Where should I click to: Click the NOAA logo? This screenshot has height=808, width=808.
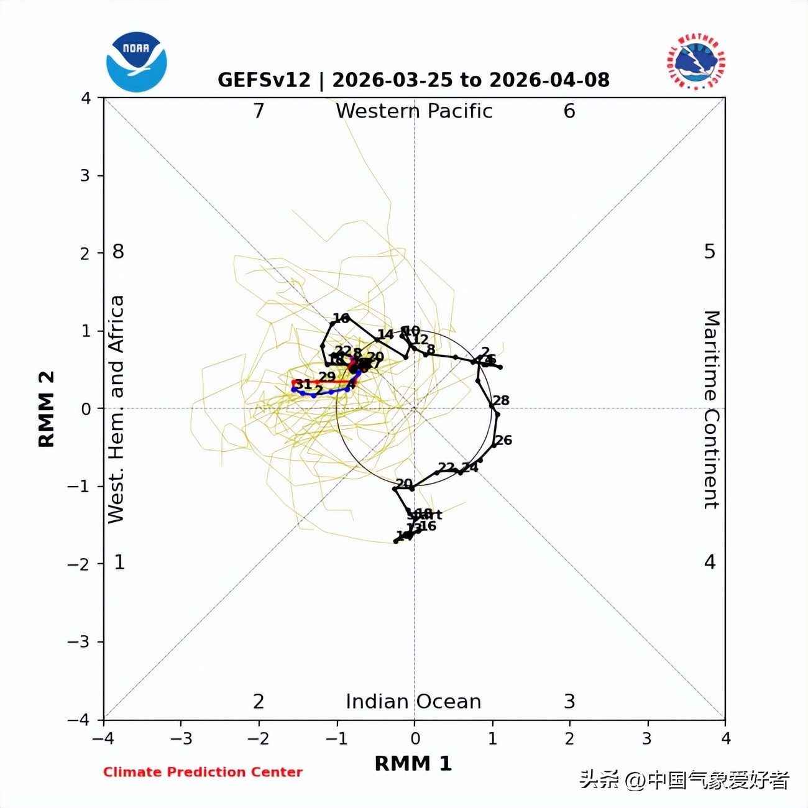136,62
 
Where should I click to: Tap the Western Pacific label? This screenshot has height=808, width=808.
414,111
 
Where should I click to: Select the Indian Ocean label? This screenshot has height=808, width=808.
413,702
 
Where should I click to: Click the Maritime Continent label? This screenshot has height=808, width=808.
711,410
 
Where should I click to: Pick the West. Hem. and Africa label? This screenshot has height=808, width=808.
116,409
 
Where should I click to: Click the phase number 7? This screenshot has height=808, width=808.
259,111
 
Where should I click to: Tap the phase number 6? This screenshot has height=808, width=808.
569,111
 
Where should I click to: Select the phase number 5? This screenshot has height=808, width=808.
710,252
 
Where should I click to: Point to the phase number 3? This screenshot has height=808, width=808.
569,702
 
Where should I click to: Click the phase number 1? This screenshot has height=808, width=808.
119,562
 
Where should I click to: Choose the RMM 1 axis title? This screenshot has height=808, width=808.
413,763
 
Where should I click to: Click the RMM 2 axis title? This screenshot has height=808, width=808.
47,409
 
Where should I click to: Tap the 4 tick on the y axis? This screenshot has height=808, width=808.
86,98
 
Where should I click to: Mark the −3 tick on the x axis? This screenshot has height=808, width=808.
181,738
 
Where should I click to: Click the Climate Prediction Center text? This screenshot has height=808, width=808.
203,772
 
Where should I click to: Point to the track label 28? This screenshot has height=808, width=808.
501,400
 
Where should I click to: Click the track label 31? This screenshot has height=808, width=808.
303,384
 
